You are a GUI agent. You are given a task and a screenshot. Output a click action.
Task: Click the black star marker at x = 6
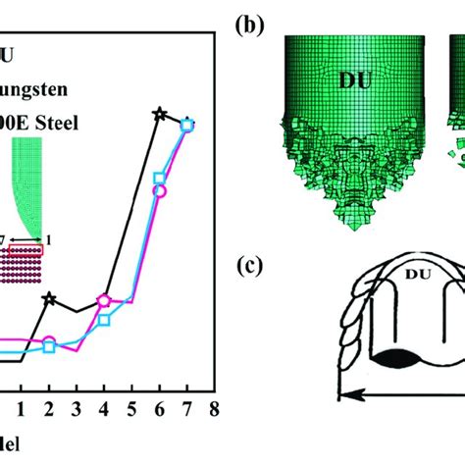(161, 115)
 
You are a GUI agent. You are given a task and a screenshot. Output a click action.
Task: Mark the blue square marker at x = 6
(160, 179)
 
